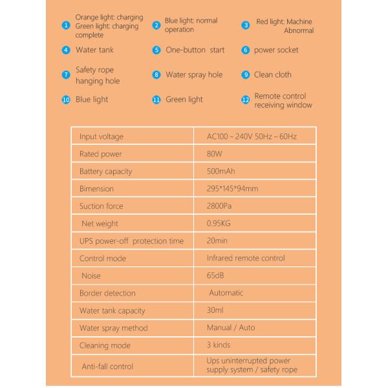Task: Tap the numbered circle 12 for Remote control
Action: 245,100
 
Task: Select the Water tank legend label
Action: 94,50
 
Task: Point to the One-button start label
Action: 195,50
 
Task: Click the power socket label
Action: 276,50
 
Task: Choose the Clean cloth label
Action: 273,74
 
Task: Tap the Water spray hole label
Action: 194,74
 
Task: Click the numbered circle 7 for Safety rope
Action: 66,75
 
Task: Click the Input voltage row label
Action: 101,136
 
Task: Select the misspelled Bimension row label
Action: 96,189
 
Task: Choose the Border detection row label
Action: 107,293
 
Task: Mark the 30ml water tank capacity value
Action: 215,310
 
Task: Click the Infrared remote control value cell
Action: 246,258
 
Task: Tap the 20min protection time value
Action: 217,241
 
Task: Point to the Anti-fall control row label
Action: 107,366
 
